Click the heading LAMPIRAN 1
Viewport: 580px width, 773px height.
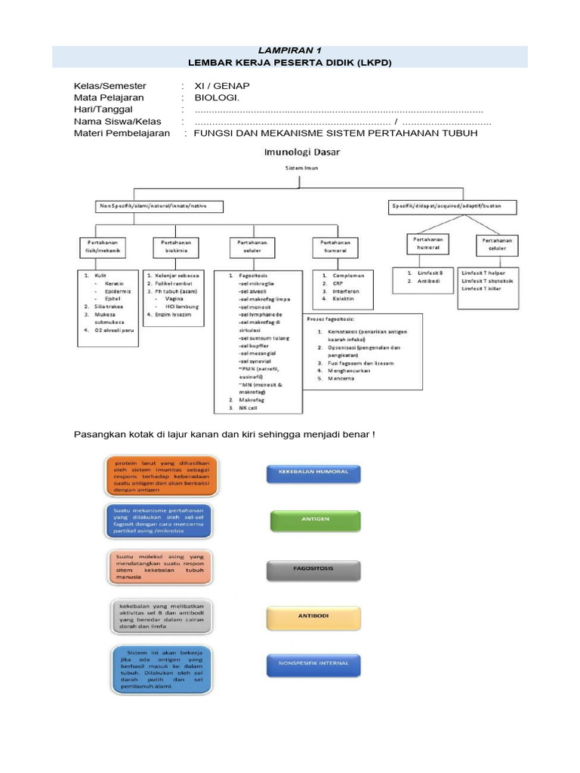click(x=290, y=50)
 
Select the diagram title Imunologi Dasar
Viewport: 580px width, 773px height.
click(x=301, y=151)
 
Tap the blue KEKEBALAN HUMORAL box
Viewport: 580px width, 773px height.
click(x=313, y=473)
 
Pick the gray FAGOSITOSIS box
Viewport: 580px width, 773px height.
click(x=313, y=568)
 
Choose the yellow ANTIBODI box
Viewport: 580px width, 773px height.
click(x=313, y=615)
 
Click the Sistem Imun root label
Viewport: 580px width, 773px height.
click(x=301, y=168)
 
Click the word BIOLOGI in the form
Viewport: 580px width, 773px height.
click(x=217, y=98)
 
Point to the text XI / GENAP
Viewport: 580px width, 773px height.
click(x=222, y=86)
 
